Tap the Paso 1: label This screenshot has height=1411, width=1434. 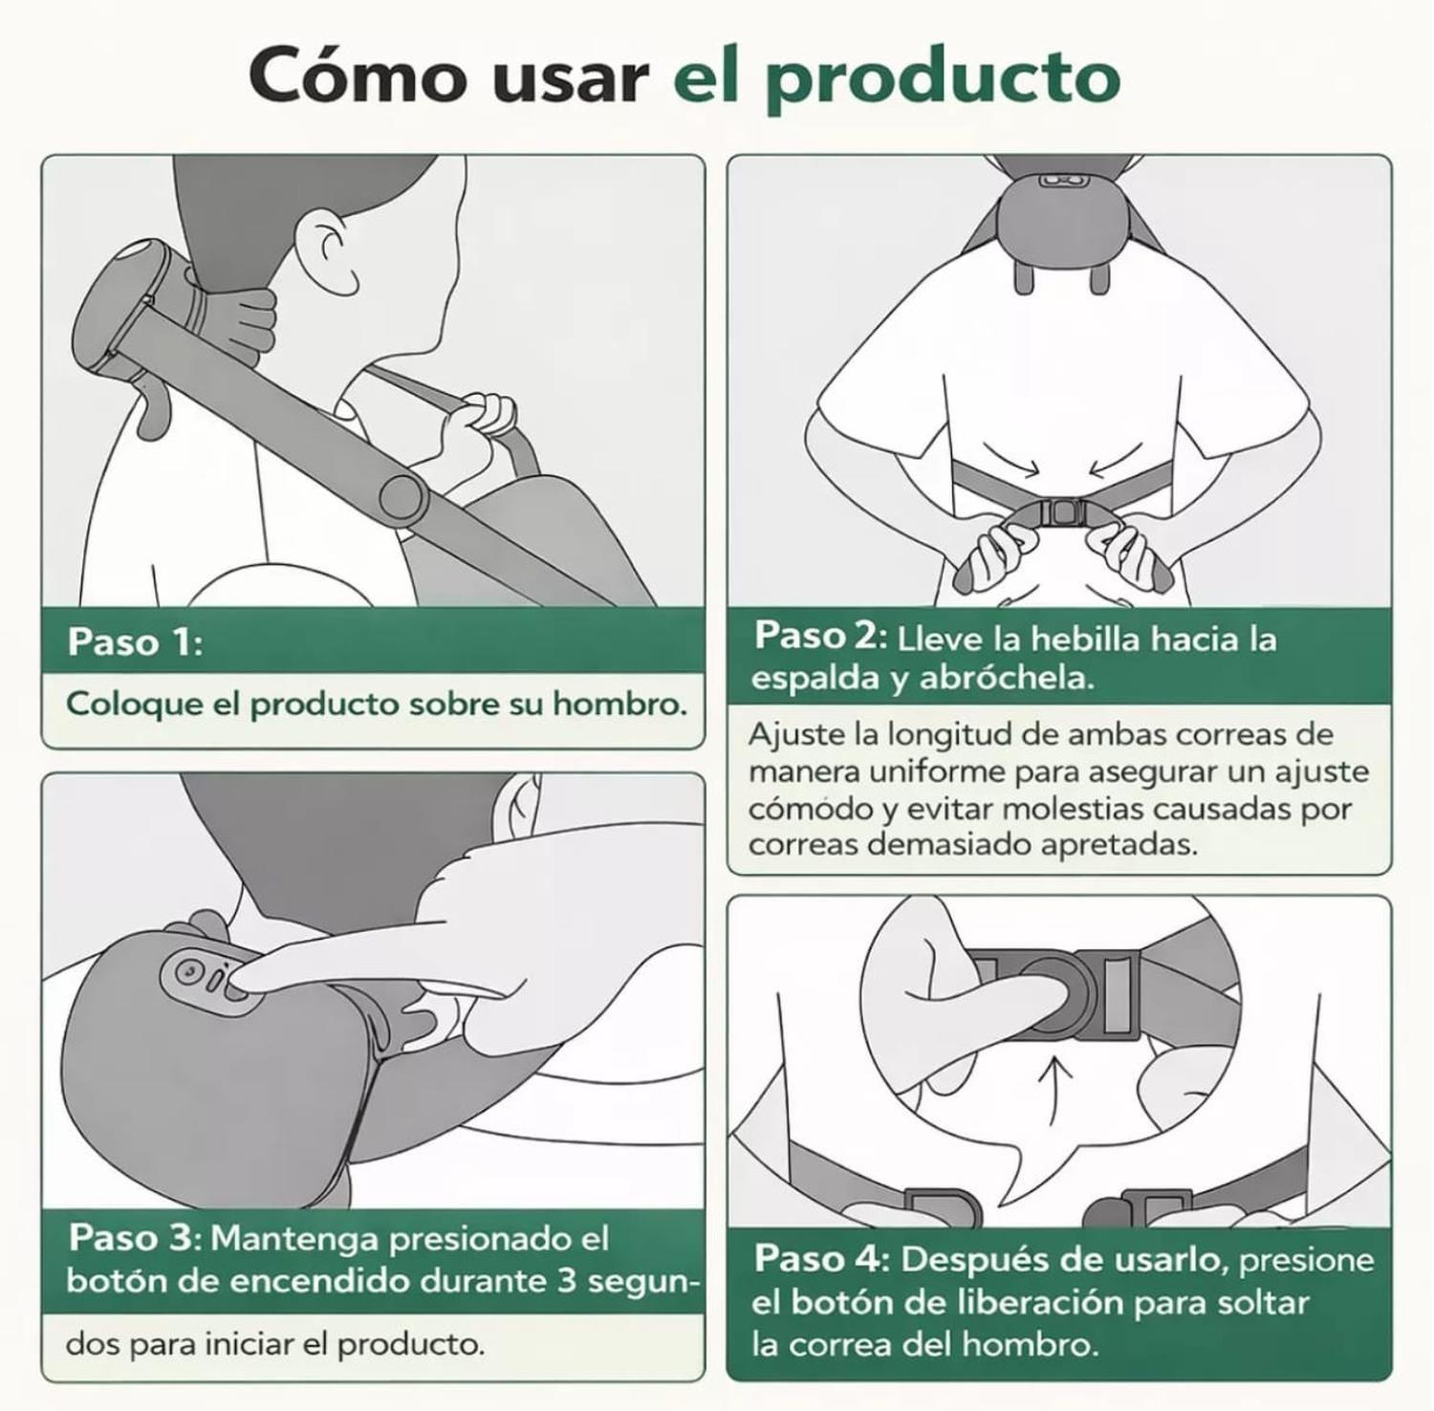click(135, 641)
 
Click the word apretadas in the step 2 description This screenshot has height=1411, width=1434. click(1119, 845)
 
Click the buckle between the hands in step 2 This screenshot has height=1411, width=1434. click(1061, 513)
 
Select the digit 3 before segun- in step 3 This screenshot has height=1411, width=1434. click(567, 1280)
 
